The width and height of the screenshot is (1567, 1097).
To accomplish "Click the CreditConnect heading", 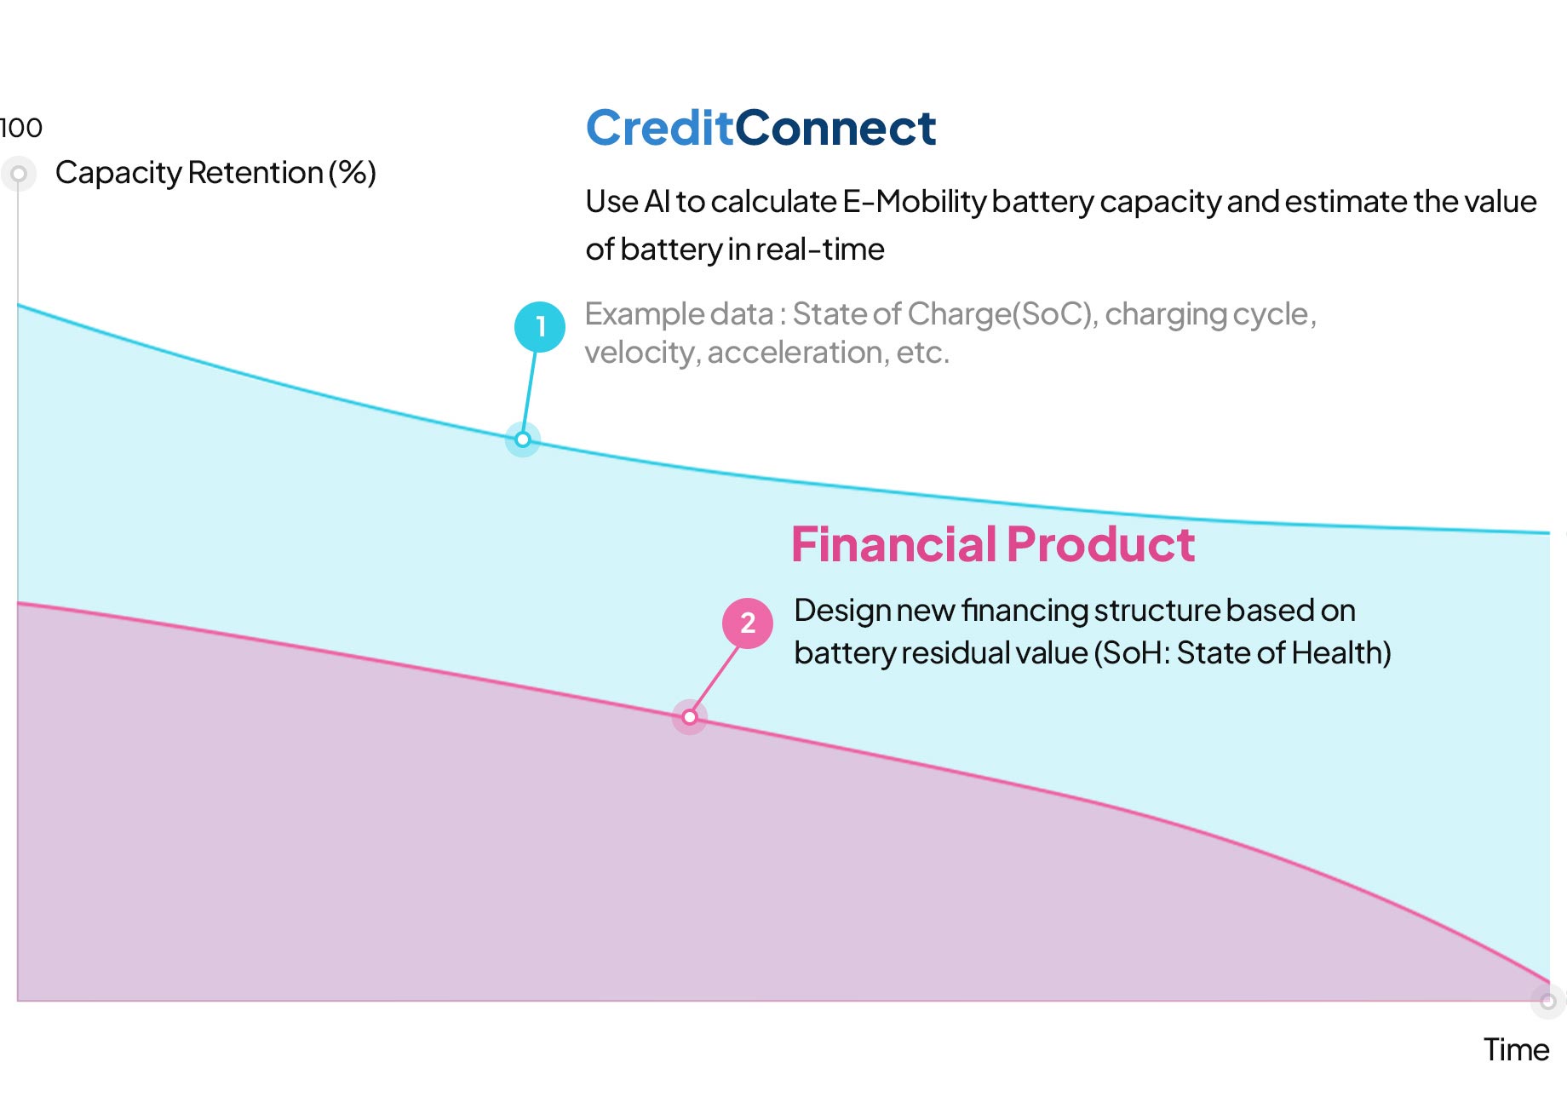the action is tap(761, 129).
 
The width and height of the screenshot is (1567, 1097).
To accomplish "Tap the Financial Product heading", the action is tap(993, 544).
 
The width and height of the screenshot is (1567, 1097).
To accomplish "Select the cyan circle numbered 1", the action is tap(540, 327).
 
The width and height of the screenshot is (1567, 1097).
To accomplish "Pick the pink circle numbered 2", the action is tap(748, 623).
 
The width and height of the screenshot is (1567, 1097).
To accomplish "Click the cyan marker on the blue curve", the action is tap(523, 439).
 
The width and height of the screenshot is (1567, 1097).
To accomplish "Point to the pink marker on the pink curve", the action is tap(690, 717).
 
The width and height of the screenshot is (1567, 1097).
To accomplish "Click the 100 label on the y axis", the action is tap(20, 128).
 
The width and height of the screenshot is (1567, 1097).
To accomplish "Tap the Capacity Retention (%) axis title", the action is tap(215, 173).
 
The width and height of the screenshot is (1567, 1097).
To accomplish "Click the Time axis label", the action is tap(1517, 1049).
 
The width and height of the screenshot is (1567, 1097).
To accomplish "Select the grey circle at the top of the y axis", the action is tap(19, 175).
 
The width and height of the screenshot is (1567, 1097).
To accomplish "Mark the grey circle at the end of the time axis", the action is tap(1548, 1001).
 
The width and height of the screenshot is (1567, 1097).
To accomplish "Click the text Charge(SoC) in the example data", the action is tap(1002, 314).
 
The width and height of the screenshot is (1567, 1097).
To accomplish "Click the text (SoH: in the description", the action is tap(1132, 653).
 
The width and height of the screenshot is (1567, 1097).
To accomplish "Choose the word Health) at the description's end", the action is tap(1341, 653).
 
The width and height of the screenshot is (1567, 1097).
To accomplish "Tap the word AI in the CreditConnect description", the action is tap(657, 202).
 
